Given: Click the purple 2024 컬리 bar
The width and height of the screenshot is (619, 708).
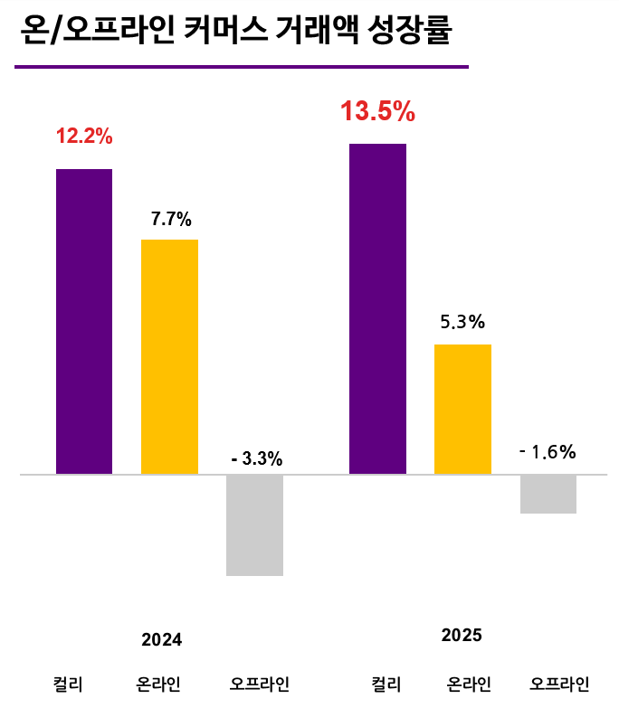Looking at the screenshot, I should (84, 321).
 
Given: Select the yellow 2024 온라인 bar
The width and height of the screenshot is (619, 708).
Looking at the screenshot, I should (169, 356).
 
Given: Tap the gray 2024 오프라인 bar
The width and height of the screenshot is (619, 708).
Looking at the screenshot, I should (254, 524).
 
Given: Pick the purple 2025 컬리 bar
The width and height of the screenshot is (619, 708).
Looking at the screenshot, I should (377, 308).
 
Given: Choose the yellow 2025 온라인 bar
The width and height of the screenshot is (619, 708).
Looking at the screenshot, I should (462, 409).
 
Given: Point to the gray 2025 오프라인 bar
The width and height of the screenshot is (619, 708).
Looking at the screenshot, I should (548, 494).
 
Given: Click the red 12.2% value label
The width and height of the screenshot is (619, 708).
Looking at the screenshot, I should (84, 137).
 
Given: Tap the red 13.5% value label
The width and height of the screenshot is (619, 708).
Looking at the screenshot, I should (377, 112).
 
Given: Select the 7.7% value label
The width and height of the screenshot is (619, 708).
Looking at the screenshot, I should (171, 219).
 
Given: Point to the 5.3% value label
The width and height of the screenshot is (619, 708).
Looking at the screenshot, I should (463, 322).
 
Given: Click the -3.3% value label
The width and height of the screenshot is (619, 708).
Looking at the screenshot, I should (257, 459).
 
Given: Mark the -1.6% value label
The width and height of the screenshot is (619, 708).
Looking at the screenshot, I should (548, 452).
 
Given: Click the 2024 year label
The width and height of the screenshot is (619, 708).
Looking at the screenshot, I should (162, 639).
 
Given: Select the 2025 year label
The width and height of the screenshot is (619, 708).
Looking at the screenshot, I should (462, 636).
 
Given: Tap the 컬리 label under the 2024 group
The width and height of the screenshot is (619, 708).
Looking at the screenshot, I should (69, 684).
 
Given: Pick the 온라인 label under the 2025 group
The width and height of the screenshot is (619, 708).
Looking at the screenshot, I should (470, 684).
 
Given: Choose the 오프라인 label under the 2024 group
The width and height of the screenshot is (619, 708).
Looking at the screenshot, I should (260, 684).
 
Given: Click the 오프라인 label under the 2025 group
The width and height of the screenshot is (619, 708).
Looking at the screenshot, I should (560, 684).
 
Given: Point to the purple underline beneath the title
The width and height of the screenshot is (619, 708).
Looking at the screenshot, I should (241, 66).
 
